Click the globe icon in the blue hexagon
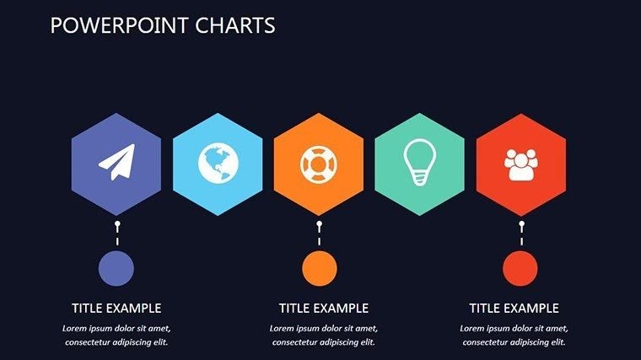click(218, 164)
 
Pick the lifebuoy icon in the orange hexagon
click(319, 164)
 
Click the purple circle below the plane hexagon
click(116, 268)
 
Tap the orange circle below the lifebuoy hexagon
click(319, 268)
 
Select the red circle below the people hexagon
click(520, 268)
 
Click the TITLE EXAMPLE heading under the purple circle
click(116, 309)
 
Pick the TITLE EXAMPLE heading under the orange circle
click(324, 309)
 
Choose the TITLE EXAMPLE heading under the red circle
click(514, 309)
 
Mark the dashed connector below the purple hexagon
click(117, 235)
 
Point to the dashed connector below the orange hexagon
click(319, 235)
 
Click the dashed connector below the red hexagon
click(521, 235)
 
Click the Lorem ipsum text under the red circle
click(514, 336)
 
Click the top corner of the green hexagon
click(419, 114)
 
